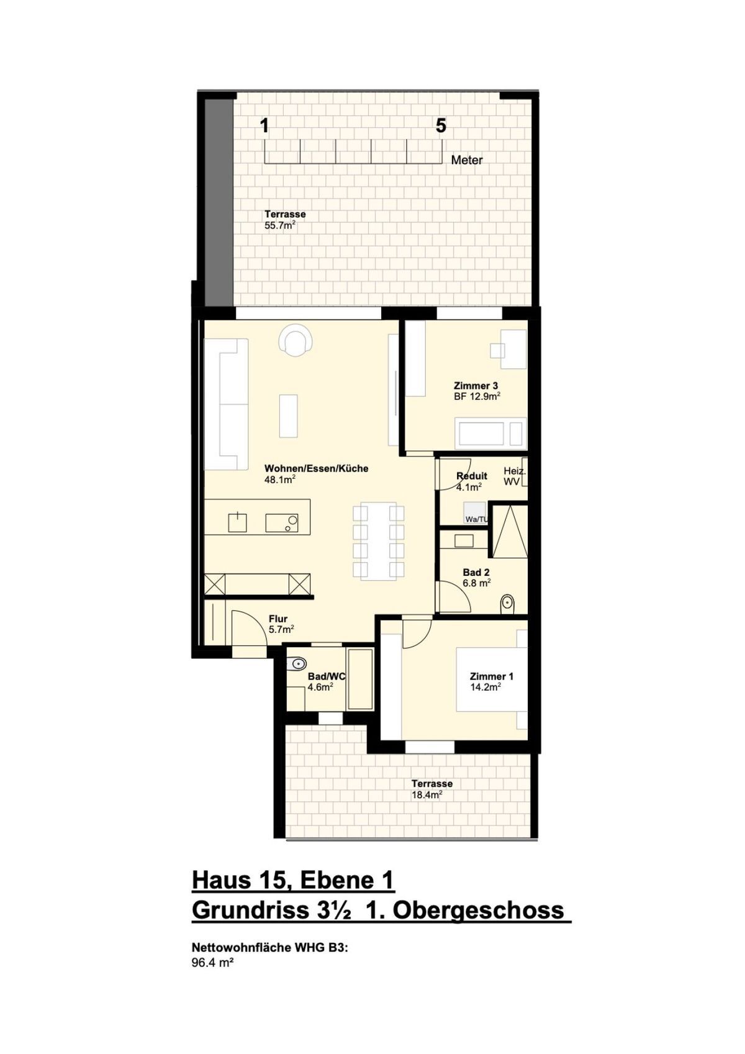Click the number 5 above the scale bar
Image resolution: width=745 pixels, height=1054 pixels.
coord(441,126)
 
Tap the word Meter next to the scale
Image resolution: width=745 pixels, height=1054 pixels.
coord(466,160)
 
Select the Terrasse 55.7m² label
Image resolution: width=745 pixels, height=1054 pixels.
coord(285,220)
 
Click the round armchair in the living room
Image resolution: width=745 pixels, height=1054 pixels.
coord(296,340)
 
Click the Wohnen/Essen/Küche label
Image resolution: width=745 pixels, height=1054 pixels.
coord(316,474)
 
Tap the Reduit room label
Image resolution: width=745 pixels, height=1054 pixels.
coord(472,481)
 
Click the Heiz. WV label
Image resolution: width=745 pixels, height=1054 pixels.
coord(514,476)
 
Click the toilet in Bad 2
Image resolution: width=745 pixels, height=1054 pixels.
coord(507,602)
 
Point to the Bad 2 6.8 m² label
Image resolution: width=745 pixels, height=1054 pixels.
coord(477,578)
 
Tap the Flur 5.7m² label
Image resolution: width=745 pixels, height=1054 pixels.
coord(281,624)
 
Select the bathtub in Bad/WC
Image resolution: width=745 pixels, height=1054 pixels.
coord(359,679)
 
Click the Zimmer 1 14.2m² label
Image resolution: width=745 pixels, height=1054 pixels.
coord(491,681)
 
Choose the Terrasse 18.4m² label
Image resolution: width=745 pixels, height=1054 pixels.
coord(431,789)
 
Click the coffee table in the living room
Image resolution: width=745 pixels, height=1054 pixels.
coord(288,416)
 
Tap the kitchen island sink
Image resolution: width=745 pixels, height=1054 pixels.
coord(238,522)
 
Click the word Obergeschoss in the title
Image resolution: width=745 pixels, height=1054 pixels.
coord(478,911)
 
